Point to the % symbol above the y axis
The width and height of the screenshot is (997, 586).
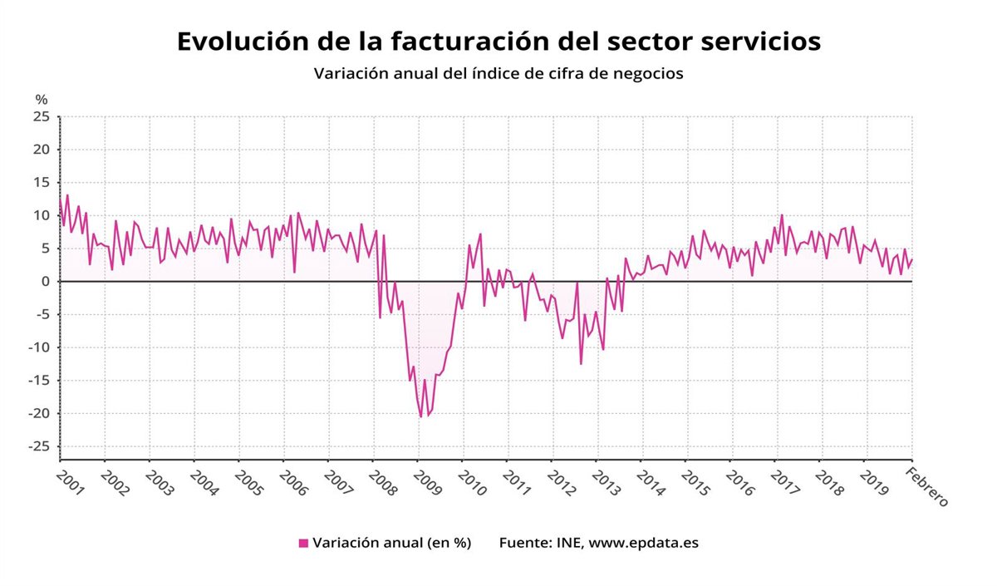[42, 100]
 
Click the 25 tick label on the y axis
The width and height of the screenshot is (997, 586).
[42, 117]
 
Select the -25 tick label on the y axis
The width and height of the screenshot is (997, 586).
[39, 446]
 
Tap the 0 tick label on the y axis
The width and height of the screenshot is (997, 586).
[47, 282]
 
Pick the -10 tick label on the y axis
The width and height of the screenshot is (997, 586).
[39, 347]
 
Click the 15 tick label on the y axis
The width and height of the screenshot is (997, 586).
[42, 183]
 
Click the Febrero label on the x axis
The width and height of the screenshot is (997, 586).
[926, 487]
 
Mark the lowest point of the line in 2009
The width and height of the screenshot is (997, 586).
[421, 416]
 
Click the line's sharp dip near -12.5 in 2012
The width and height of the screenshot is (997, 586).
[581, 363]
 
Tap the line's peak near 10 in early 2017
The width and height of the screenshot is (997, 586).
[782, 215]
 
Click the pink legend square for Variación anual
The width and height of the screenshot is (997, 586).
[303, 544]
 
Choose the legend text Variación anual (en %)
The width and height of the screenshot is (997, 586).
[391, 544]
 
